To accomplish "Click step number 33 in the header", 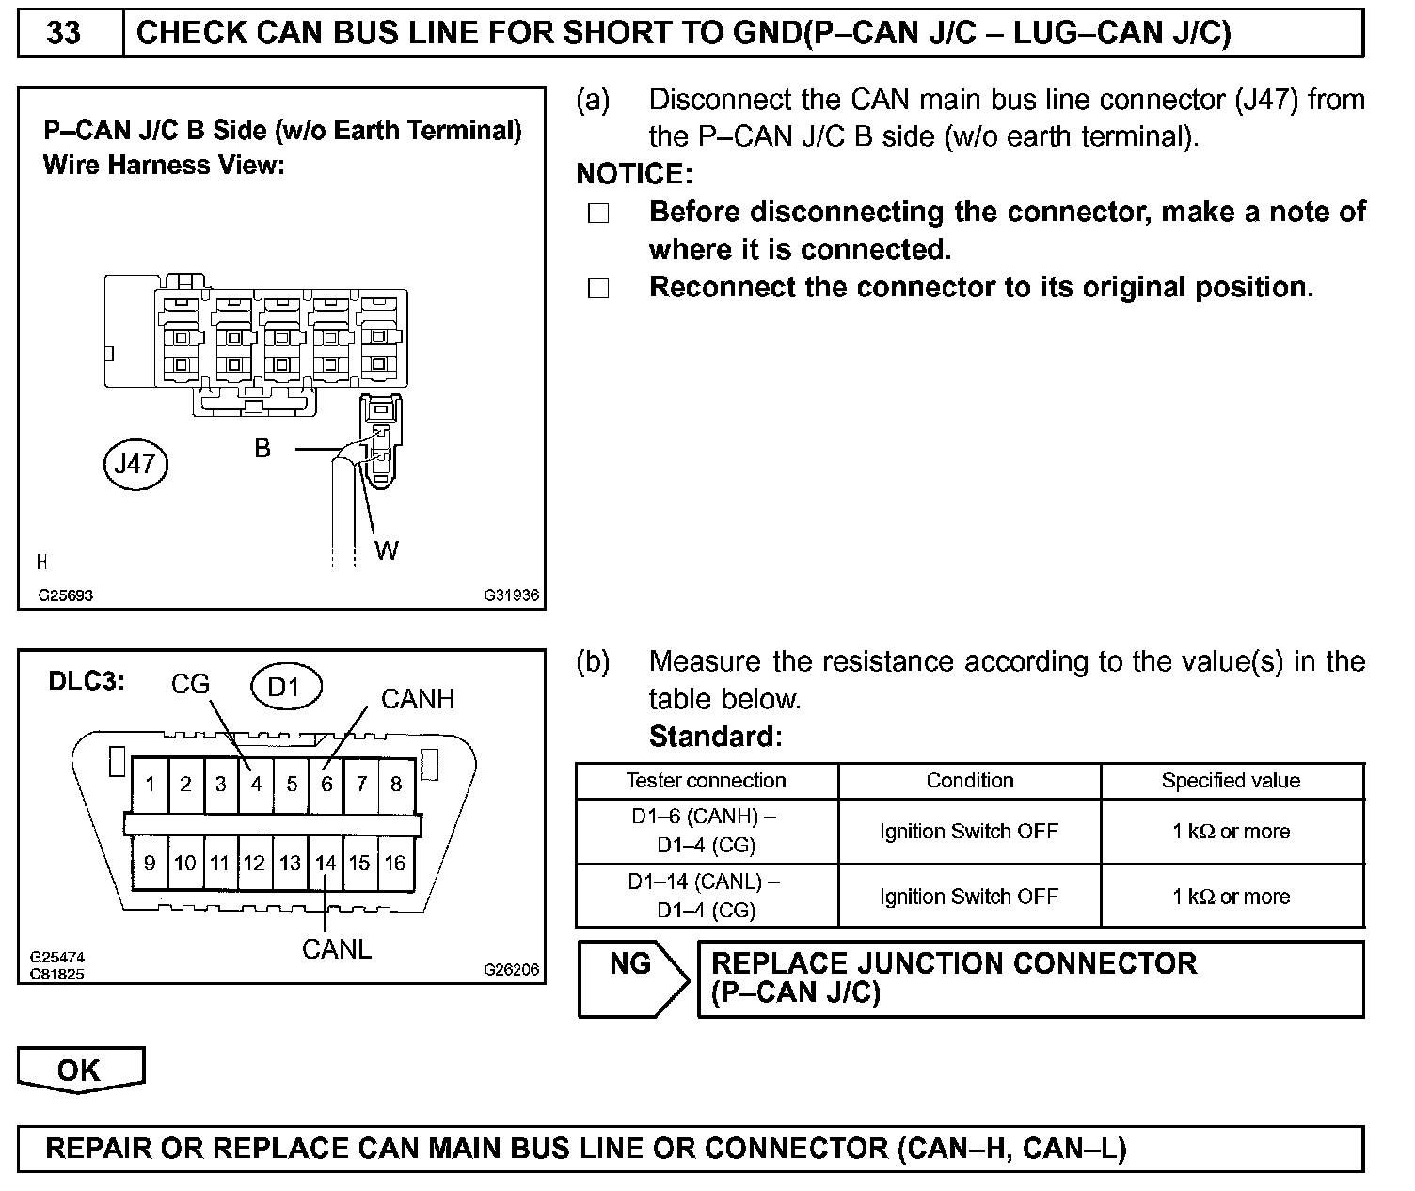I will [64, 33].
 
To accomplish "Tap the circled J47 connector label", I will [135, 464].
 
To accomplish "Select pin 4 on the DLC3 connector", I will [255, 784].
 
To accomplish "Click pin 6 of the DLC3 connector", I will [326, 784].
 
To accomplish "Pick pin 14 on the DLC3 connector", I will [325, 863].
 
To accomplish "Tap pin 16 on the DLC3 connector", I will [395, 863].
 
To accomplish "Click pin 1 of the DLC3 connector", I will [151, 784].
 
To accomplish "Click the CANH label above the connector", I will [418, 699].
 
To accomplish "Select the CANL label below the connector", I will [337, 949].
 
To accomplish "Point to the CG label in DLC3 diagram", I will [190, 684].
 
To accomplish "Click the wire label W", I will [387, 550].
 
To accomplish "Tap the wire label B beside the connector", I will [262, 449].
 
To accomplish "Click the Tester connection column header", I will [706, 781].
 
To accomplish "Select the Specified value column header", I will [1231, 781].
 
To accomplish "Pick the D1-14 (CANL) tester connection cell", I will [706, 896].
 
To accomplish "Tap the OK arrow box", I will [80, 1071].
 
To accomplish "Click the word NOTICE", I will [634, 174].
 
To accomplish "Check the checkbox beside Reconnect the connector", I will [598, 289].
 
